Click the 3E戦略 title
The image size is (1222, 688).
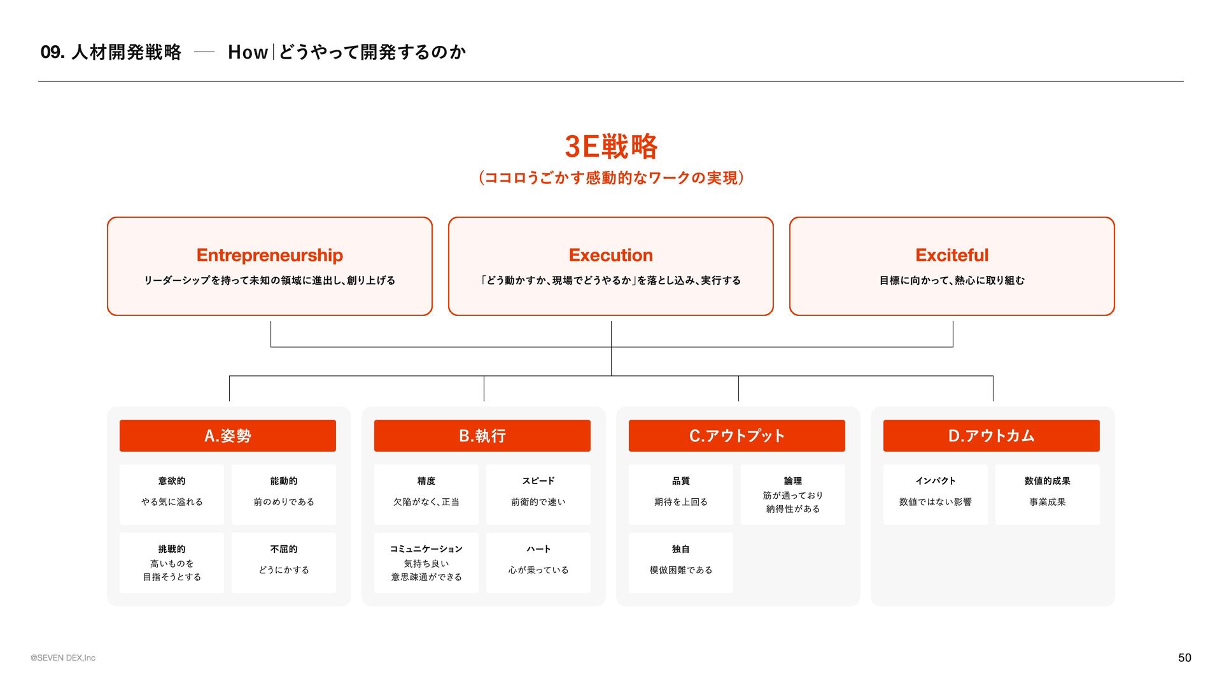click(x=611, y=147)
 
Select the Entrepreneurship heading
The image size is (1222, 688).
click(x=270, y=255)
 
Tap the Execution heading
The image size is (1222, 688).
click(x=611, y=255)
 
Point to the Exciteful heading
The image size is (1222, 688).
click(x=952, y=255)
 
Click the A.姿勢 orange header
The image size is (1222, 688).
click(x=228, y=436)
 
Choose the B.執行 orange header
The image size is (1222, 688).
click(x=482, y=436)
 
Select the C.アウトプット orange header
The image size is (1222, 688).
click(x=737, y=436)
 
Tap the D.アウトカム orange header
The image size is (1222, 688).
click(x=992, y=436)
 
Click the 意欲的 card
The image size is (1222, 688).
click(x=172, y=494)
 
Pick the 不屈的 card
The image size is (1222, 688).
click(x=284, y=563)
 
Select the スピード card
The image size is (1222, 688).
click(x=538, y=494)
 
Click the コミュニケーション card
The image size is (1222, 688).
click(x=426, y=563)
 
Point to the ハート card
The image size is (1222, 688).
click(x=538, y=563)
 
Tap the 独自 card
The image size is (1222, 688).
click(x=681, y=563)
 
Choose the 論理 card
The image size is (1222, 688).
click(x=793, y=494)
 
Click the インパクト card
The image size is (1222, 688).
click(x=936, y=494)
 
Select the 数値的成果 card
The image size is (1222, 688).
click(x=1048, y=494)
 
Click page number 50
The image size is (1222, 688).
click(x=1184, y=657)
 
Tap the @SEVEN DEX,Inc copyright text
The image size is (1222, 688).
click(x=63, y=658)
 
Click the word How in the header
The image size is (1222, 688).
click(x=248, y=52)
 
